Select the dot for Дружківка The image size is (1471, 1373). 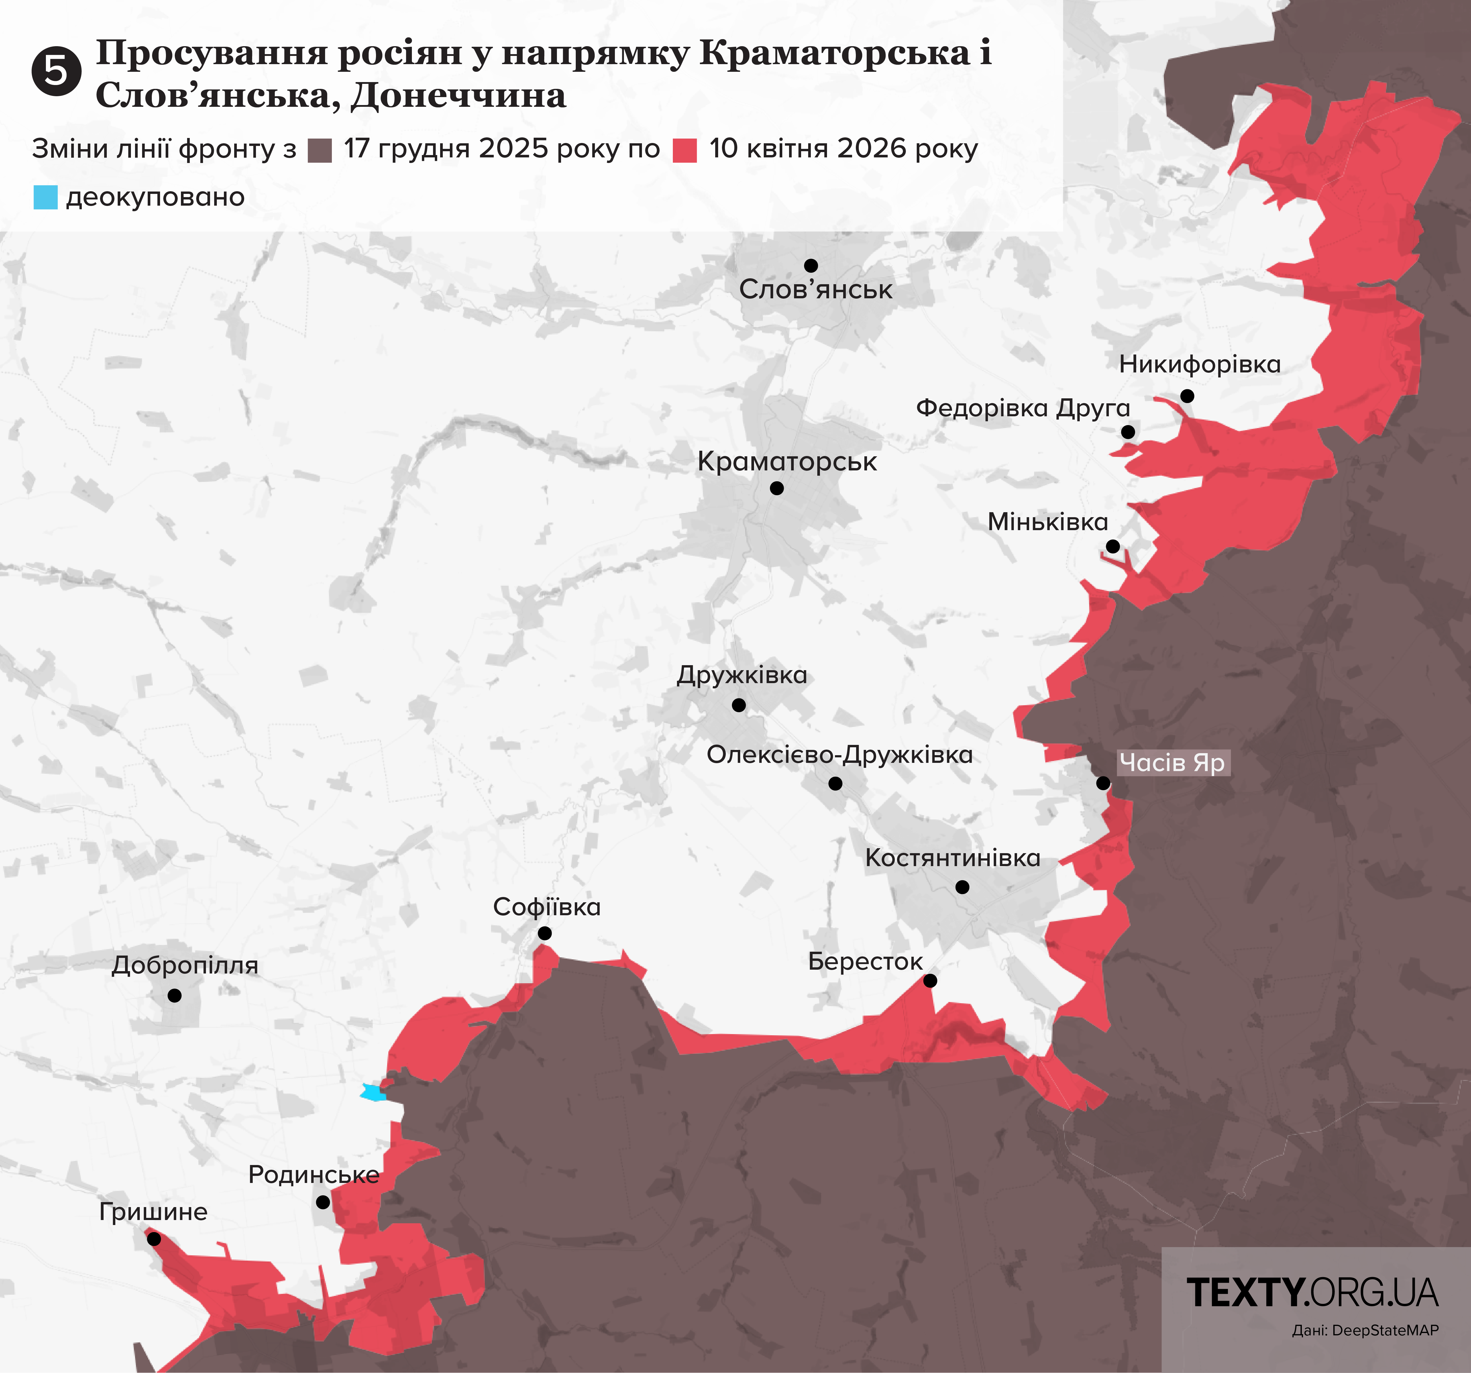tap(738, 705)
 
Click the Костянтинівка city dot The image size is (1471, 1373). tap(962, 887)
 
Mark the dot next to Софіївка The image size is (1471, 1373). tap(545, 933)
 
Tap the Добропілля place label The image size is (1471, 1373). tap(185, 965)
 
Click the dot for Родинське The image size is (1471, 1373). tap(323, 1202)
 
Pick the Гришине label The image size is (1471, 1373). tap(153, 1212)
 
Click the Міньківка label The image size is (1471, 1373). tap(1048, 522)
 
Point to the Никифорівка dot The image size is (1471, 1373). tap(1187, 396)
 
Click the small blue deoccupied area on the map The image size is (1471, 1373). tap(372, 1092)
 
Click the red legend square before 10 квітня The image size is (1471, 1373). tap(684, 150)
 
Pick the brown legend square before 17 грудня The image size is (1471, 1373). tap(320, 150)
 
